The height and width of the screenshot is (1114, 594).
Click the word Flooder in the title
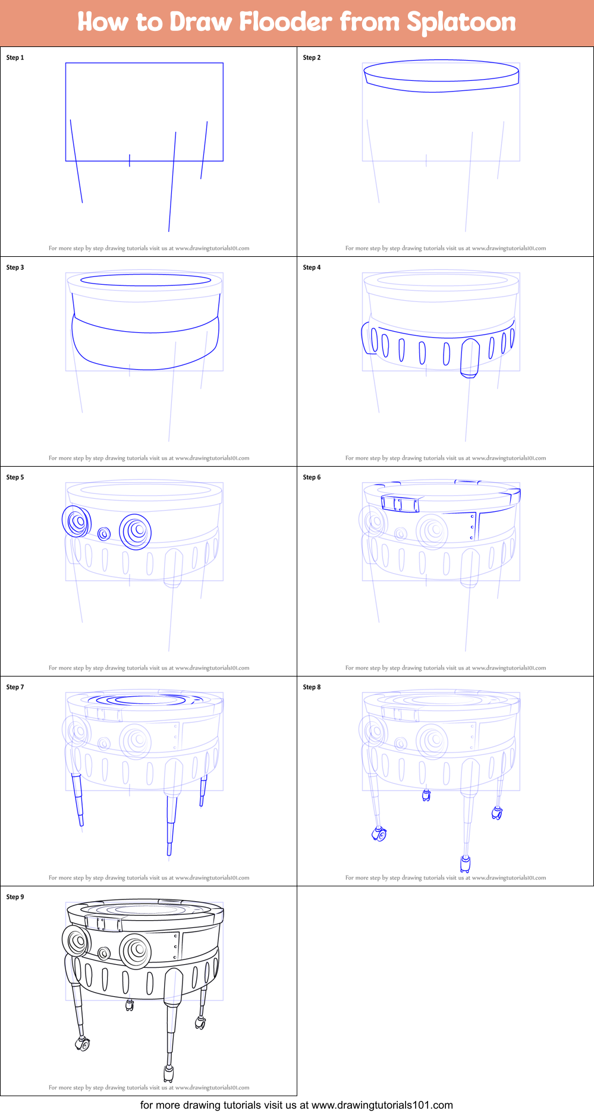[285, 22]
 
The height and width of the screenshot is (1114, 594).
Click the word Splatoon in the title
[461, 23]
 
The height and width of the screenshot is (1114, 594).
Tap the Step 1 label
[15, 58]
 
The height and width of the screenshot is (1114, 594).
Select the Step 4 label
[312, 268]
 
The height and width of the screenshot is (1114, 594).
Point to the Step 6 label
[312, 477]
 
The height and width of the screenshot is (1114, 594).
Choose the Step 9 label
[15, 897]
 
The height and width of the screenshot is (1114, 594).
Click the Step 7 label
[15, 687]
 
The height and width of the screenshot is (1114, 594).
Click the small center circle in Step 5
[104, 533]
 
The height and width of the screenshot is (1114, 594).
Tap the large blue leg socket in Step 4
[470, 357]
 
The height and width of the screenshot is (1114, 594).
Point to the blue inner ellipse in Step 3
[145, 279]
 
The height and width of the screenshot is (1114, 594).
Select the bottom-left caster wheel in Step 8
[379, 835]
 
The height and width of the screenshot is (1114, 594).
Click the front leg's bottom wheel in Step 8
[465, 863]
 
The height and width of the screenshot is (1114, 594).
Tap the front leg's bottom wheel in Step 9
[168, 1073]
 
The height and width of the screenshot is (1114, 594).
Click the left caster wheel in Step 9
[83, 1044]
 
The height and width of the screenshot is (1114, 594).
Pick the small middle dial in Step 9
[104, 953]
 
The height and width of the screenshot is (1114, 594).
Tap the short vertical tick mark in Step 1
[130, 160]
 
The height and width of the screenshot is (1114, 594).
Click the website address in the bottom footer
[382, 1105]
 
